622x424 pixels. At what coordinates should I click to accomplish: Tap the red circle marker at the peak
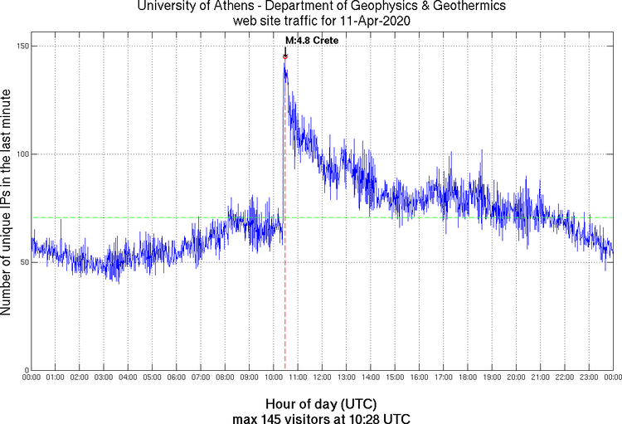pyautogui.click(x=285, y=57)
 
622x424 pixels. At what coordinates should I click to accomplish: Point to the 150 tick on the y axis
pyautogui.click(x=22, y=46)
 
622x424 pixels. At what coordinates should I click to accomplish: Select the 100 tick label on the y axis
pyautogui.click(x=22, y=154)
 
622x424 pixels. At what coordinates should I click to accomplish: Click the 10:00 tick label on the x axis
pyautogui.click(x=274, y=378)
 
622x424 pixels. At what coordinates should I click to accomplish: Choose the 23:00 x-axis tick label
pyautogui.click(x=589, y=378)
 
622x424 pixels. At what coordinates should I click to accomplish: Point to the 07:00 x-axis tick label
pyautogui.click(x=201, y=378)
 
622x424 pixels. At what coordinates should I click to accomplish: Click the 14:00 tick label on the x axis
pyautogui.click(x=371, y=378)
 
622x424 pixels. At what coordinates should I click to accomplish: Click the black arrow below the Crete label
pyautogui.click(x=285, y=50)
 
